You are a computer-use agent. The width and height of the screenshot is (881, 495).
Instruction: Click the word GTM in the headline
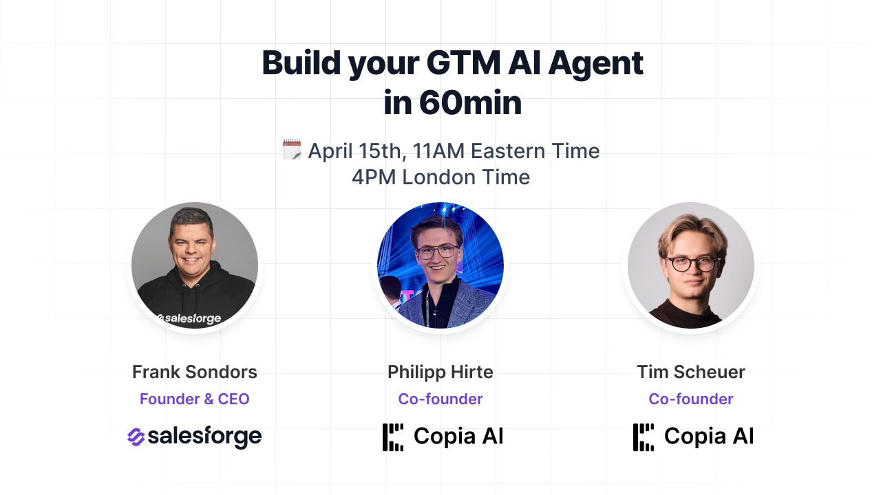click(x=463, y=63)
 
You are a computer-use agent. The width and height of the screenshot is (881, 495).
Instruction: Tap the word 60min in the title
click(x=470, y=103)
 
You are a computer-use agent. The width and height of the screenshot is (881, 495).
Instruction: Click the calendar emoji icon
click(x=292, y=149)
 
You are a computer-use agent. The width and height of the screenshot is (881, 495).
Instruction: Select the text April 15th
click(x=357, y=151)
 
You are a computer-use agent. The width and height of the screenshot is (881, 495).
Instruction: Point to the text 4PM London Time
click(x=441, y=177)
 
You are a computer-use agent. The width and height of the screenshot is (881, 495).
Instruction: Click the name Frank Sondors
click(x=195, y=372)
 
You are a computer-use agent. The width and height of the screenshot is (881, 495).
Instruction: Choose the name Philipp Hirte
click(x=440, y=373)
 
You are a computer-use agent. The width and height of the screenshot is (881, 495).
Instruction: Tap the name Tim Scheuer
click(x=691, y=372)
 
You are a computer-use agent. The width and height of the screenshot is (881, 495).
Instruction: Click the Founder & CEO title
click(x=195, y=399)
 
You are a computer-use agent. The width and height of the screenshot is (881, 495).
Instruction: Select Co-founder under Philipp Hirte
click(x=440, y=399)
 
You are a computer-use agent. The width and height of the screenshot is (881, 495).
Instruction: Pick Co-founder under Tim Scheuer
click(x=691, y=399)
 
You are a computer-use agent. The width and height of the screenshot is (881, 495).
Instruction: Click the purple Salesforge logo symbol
click(x=136, y=437)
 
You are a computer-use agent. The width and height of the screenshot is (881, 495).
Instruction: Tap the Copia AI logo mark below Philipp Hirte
click(x=393, y=437)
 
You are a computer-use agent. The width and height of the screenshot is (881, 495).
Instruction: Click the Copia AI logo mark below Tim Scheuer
click(x=644, y=437)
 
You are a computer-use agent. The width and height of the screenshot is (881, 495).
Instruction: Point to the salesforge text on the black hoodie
click(x=189, y=318)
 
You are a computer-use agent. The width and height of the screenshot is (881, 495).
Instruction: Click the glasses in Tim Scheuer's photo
click(x=693, y=263)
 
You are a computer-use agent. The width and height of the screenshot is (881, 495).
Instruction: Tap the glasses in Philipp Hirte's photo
click(x=437, y=252)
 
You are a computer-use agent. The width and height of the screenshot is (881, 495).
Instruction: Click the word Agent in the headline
click(x=596, y=65)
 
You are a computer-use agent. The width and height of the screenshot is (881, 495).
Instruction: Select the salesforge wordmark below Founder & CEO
click(x=204, y=437)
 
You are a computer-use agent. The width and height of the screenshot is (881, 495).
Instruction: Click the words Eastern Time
click(x=535, y=151)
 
